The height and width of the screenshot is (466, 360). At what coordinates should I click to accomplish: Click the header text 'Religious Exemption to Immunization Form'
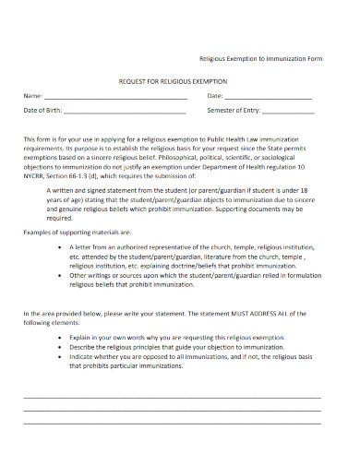point(262,57)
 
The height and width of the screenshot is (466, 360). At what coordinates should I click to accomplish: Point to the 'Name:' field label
point(33,96)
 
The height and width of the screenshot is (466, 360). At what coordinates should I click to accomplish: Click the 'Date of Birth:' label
point(44,111)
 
